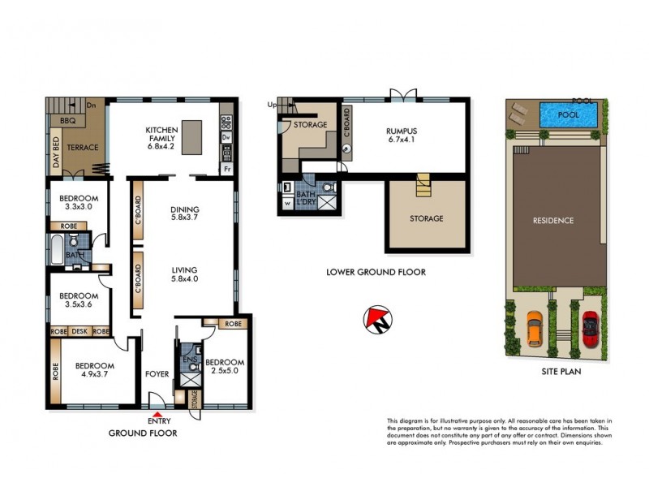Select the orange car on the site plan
[x=534, y=329]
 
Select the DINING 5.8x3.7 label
[x=185, y=213]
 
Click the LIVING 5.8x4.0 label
[x=185, y=274]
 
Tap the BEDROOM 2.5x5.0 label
[x=224, y=366]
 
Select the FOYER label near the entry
[x=157, y=374]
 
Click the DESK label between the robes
[x=80, y=331]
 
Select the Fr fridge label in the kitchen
[x=226, y=170]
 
